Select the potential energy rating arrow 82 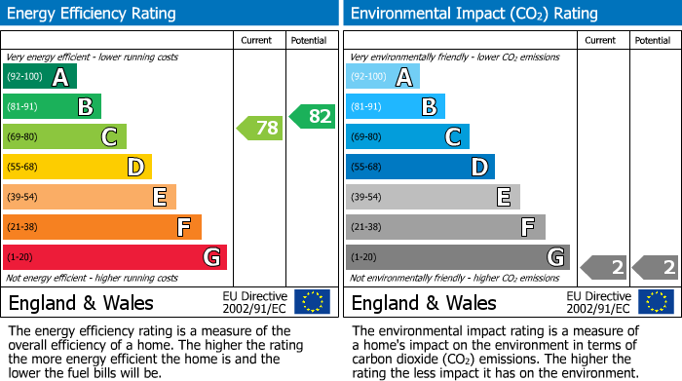click(x=312, y=117)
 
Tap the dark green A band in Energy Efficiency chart click(x=39, y=77)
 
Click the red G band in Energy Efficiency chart click(x=114, y=257)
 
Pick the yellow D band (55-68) click(x=77, y=167)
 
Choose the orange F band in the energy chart click(x=101, y=227)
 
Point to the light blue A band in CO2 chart click(x=382, y=77)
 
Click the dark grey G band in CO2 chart click(x=457, y=257)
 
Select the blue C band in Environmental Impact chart click(x=407, y=137)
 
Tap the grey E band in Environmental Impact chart click(x=432, y=197)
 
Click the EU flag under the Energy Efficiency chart click(x=312, y=302)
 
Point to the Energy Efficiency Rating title click(x=93, y=14)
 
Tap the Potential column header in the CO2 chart click(x=653, y=40)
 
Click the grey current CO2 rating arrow click(x=603, y=267)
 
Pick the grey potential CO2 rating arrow click(x=655, y=267)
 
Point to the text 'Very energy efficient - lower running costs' click(x=93, y=57)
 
